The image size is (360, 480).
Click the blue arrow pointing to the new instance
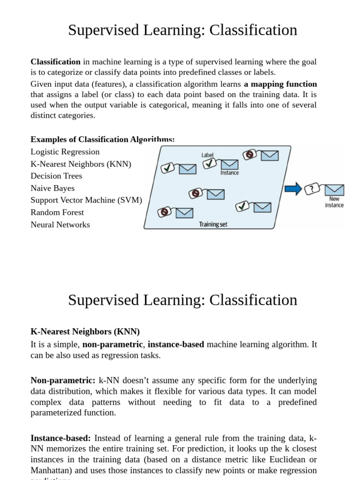293,189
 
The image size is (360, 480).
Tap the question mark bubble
312,189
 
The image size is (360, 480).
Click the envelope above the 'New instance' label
335,190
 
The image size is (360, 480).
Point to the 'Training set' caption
213,225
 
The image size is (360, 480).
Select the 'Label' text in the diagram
207,155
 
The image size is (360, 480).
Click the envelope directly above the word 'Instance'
229,164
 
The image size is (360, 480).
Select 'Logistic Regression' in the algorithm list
65,152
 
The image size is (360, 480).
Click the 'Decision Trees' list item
56,176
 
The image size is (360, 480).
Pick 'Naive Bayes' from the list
52,188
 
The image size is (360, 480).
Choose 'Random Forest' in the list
57,212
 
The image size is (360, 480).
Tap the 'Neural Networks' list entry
60,225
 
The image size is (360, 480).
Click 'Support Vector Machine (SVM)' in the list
86,200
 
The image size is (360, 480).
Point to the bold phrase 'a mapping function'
280,84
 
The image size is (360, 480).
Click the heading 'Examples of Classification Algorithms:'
103,139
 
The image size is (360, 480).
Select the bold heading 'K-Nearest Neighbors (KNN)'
85,332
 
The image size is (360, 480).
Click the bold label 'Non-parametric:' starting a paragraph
63,380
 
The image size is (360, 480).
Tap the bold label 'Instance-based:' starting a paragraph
60,438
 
